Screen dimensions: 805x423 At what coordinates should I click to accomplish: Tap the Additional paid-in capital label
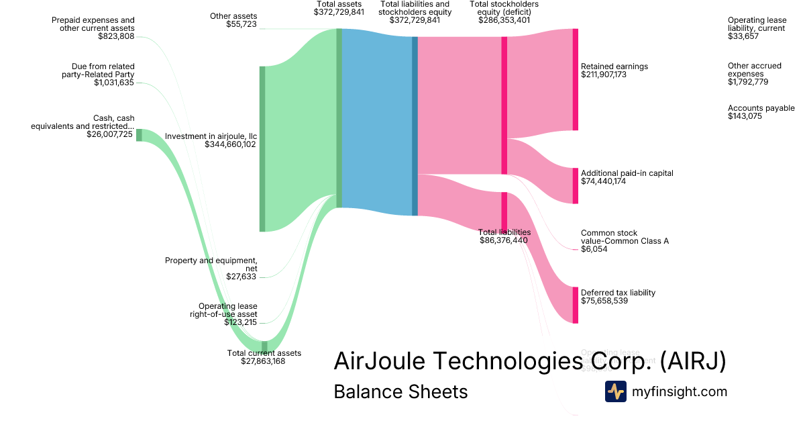pos(627,173)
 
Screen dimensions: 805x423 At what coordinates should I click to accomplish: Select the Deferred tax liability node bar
pos(575,305)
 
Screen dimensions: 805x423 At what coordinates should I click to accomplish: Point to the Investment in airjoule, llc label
pos(211,136)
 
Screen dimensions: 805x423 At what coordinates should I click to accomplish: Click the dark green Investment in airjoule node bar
pos(262,149)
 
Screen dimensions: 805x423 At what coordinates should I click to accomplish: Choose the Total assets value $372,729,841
pos(339,12)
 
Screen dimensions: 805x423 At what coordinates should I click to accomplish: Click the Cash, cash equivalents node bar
pos(139,135)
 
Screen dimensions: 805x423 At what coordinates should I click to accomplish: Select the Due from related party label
pos(103,70)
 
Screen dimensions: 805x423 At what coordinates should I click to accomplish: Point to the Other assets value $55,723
pos(241,24)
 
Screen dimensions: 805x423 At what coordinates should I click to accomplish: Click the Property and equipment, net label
pos(211,264)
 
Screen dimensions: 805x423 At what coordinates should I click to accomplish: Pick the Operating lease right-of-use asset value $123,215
pos(240,322)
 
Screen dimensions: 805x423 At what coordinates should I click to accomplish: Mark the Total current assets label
pos(264,353)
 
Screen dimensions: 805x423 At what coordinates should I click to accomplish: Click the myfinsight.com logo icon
pos(615,391)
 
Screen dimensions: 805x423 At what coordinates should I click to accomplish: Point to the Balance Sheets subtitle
pos(400,391)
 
